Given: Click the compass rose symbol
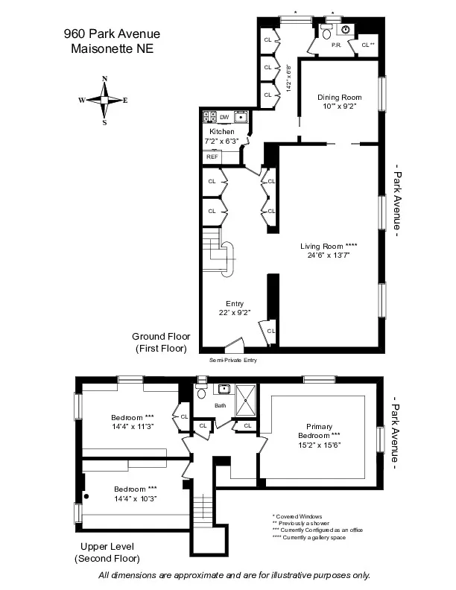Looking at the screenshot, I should point(105,100).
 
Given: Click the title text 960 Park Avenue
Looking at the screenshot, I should point(112,34).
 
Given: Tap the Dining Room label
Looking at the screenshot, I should point(339,97).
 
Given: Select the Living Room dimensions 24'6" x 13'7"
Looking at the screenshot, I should point(325,255).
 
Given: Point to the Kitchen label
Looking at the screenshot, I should point(221,131).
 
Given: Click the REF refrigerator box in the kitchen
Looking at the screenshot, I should point(212,156).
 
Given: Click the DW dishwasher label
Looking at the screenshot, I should point(224,117).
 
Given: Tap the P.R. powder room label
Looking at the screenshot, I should point(336,45).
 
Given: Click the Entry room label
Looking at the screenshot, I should point(235,303).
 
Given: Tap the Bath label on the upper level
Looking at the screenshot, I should point(220,406).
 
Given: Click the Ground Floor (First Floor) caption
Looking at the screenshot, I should point(161,342).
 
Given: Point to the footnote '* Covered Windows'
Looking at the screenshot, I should point(298,516).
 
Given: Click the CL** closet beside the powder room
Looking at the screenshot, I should point(367,45).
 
